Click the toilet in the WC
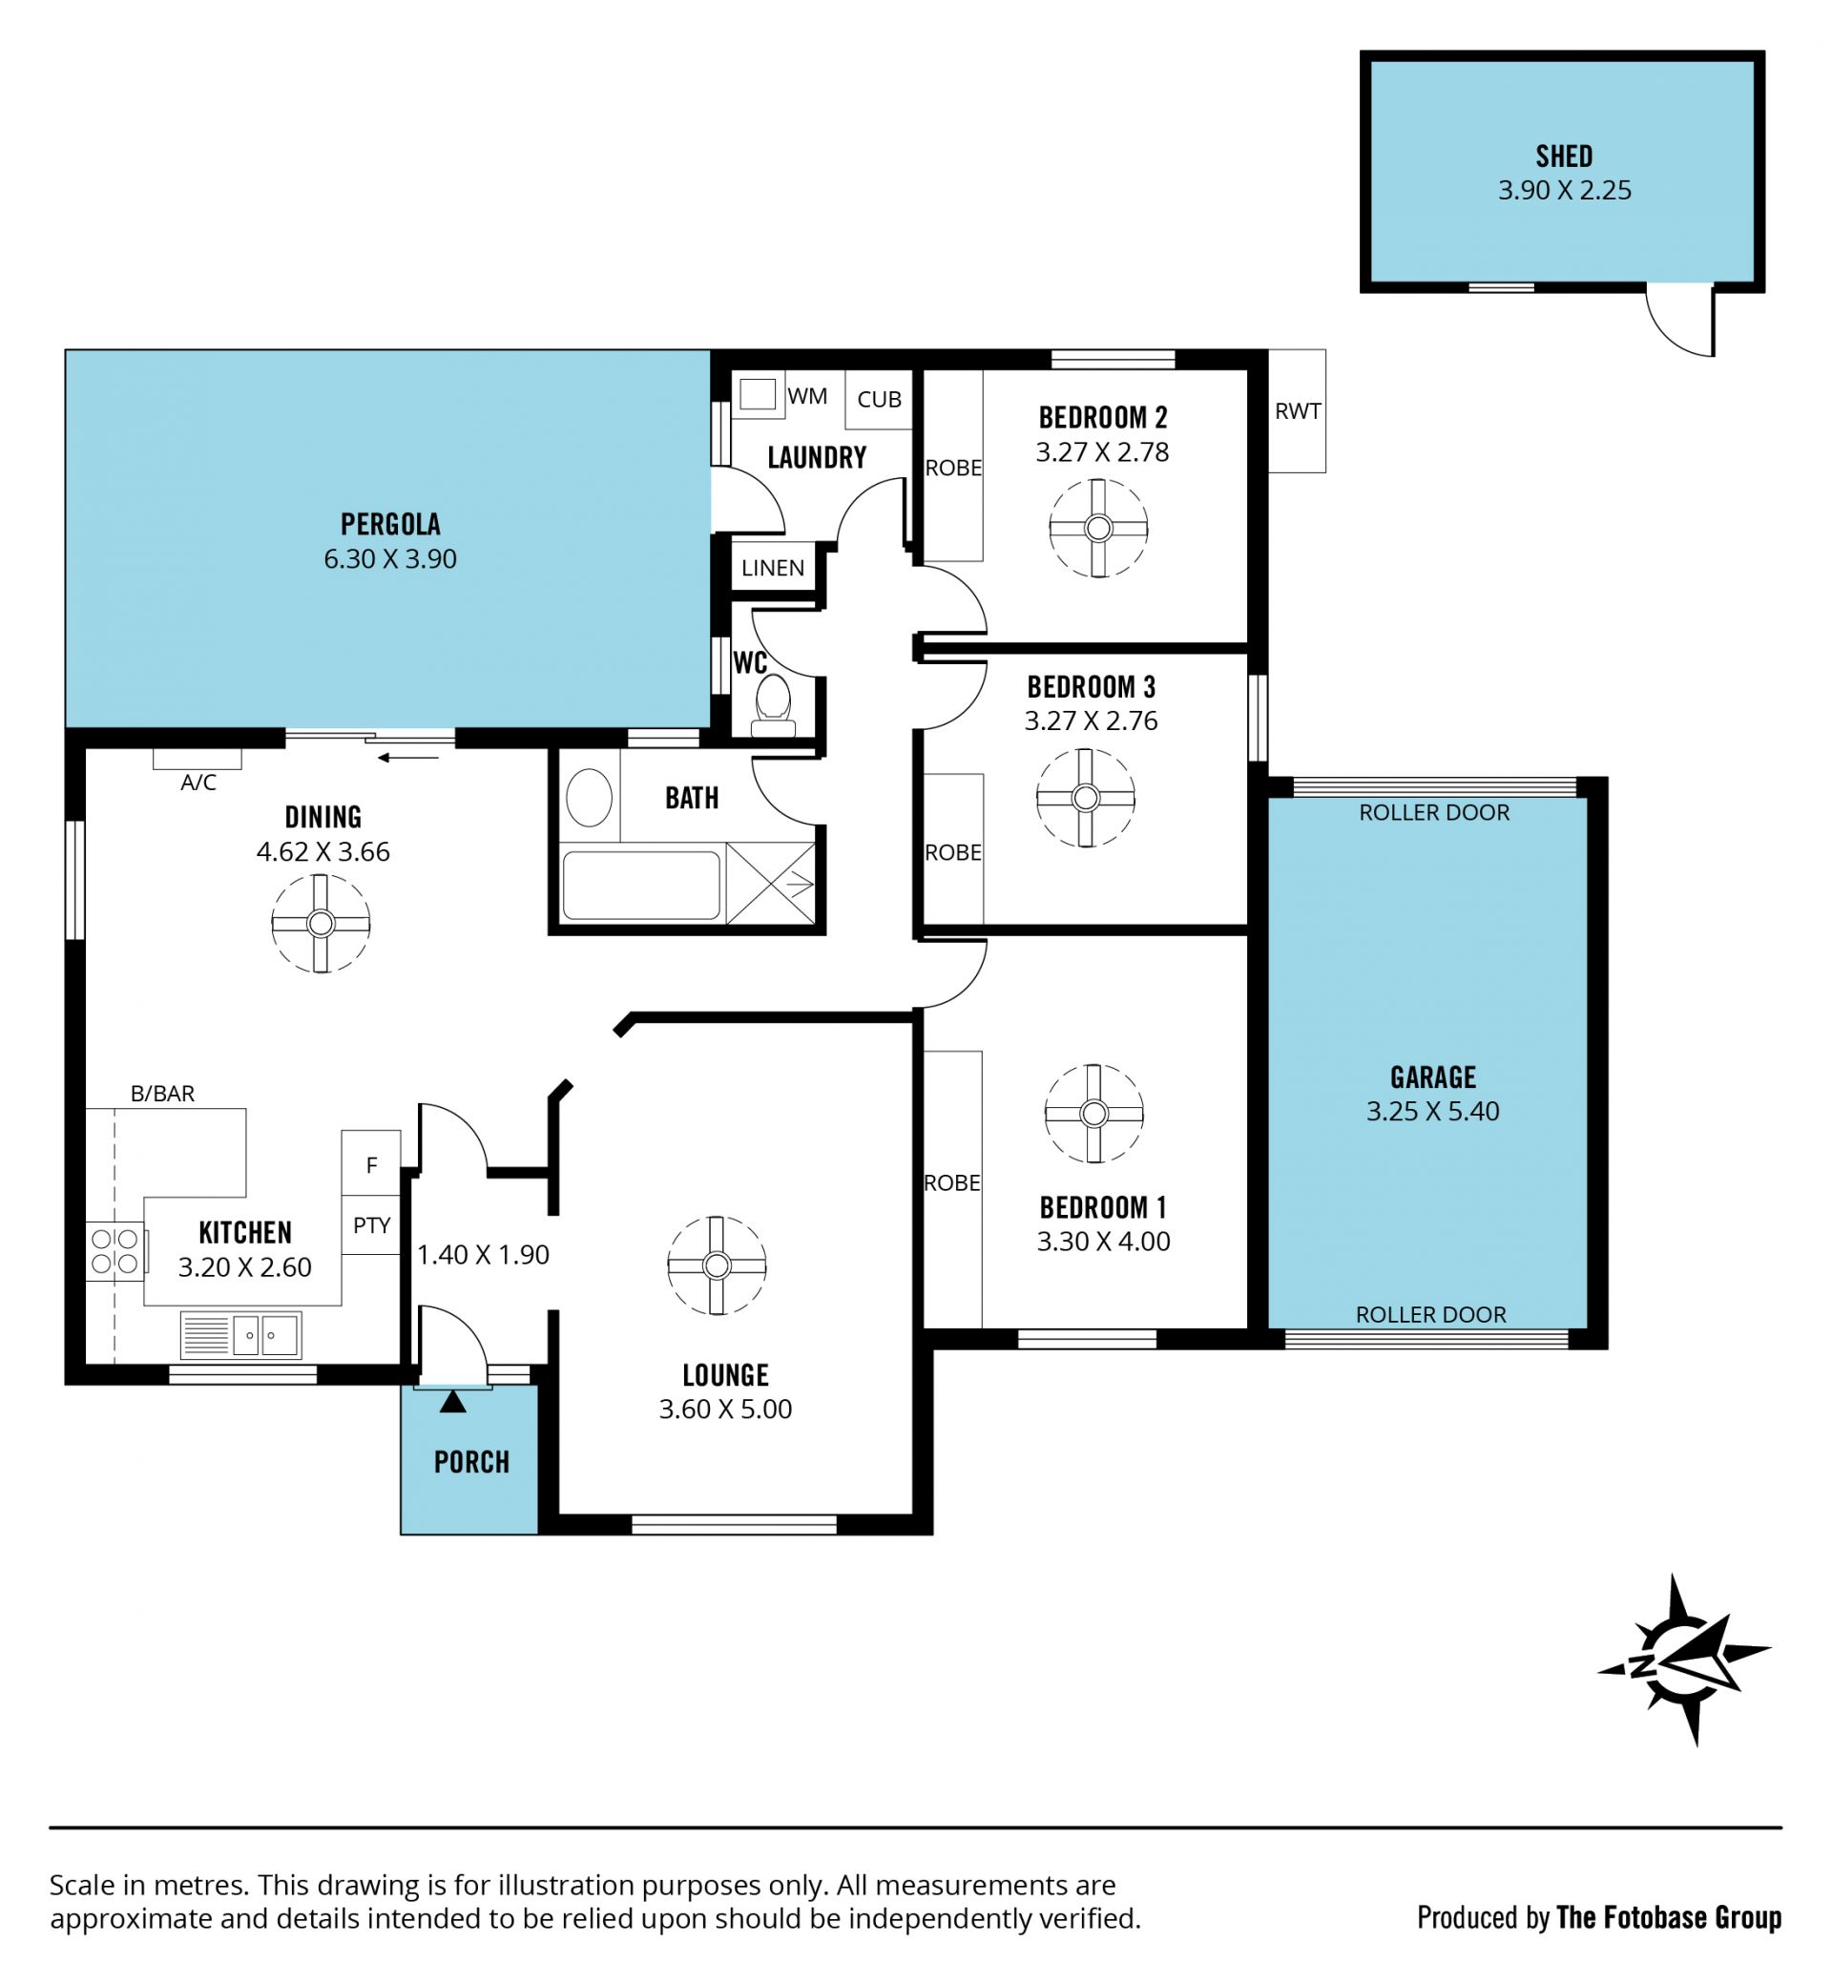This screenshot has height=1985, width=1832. tap(773, 705)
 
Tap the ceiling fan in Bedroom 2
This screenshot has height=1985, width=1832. tap(1098, 529)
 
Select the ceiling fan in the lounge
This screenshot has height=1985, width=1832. tap(717, 1266)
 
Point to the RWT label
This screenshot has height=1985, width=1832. tap(1298, 410)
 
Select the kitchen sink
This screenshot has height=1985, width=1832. tap(264, 1335)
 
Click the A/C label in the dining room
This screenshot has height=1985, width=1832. tap(198, 783)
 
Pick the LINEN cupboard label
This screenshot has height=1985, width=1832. tap(773, 568)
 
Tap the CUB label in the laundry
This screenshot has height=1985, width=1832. tap(880, 400)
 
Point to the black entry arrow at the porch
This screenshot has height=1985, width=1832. tap(453, 1401)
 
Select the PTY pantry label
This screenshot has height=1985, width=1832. tap(372, 1225)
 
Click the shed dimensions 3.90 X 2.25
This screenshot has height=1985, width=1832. tap(1564, 190)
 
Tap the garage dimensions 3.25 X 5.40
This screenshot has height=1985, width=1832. tap(1432, 1112)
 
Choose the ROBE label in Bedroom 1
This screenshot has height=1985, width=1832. tap(951, 1182)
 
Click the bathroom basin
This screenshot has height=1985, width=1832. tap(589, 798)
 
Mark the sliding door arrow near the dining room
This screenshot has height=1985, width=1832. tap(408, 759)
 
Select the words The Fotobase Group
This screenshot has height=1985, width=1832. tap(1669, 1917)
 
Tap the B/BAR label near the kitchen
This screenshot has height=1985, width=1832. tap(162, 1094)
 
